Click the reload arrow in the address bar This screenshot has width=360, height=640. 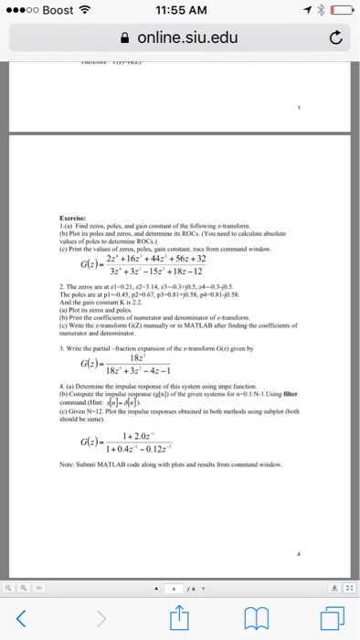[335, 38]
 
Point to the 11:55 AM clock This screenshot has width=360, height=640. [180, 12]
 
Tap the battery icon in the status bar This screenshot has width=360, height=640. [340, 12]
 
